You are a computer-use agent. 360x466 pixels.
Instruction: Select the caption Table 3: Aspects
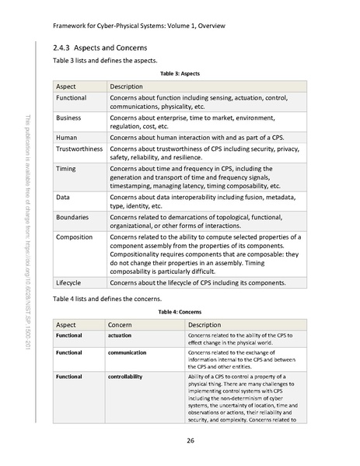pyautogui.click(x=180, y=72)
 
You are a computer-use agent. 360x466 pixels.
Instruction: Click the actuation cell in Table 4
pyautogui.click(x=122, y=335)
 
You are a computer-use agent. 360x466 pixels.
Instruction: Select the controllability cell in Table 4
pyautogui.click(x=130, y=377)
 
